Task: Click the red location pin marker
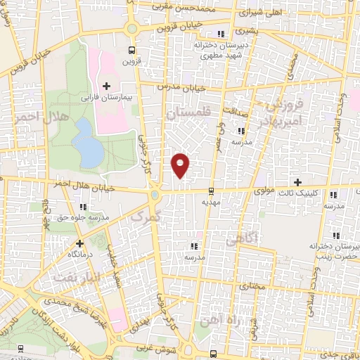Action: (181, 165)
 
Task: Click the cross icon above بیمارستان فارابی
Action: (106, 86)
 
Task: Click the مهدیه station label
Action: (212, 201)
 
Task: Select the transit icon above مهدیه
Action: (212, 190)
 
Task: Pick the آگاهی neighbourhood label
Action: (243, 240)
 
